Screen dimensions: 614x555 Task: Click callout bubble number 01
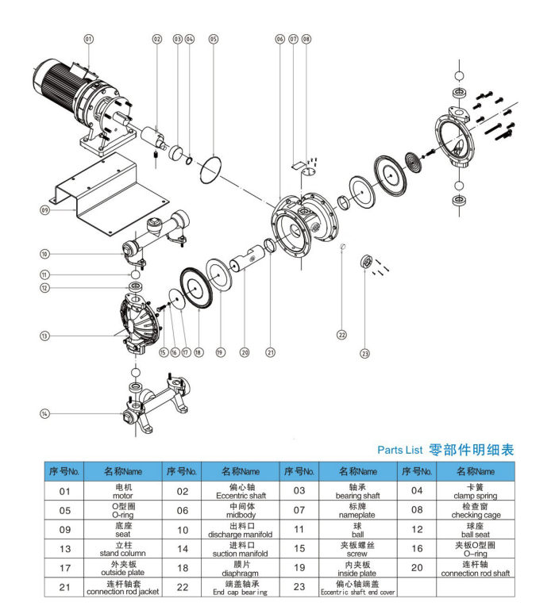click(88, 38)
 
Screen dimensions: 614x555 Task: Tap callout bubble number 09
click(44, 210)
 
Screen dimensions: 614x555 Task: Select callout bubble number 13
click(44, 336)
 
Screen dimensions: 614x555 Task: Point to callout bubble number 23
click(364, 353)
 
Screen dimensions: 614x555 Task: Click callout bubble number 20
click(245, 352)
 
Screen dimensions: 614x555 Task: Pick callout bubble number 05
click(213, 38)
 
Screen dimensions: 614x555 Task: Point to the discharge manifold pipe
click(159, 229)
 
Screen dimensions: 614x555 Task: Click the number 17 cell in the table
click(64, 568)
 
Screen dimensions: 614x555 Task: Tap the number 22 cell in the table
click(182, 588)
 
